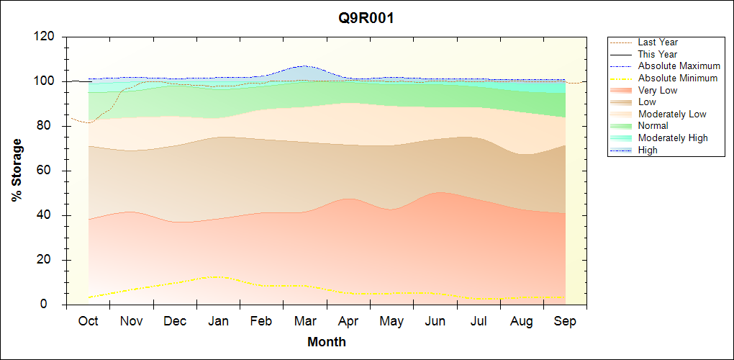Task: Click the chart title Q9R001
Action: point(366,19)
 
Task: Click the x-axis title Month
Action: point(326,342)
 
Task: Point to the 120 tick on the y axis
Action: point(46,37)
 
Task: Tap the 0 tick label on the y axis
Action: point(53,305)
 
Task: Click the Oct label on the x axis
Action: point(88,321)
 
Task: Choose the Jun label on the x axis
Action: point(435,321)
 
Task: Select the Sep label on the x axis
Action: point(565,321)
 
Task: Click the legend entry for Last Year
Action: point(657,42)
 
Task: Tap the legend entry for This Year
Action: point(657,54)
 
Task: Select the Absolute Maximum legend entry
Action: point(679,66)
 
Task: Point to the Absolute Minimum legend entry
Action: point(677,78)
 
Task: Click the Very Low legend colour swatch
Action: point(623,90)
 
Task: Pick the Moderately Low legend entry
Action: point(672,114)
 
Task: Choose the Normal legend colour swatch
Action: point(623,126)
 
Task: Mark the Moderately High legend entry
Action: point(673,138)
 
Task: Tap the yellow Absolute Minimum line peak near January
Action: point(215,276)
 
